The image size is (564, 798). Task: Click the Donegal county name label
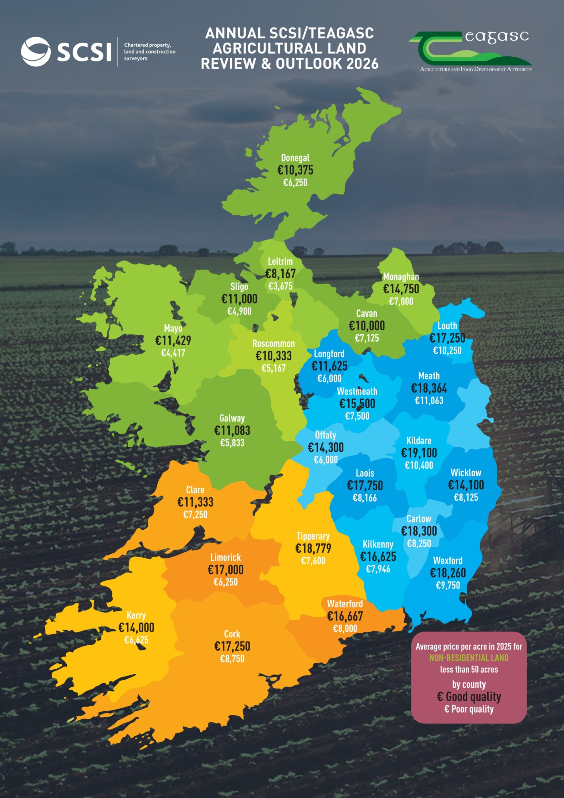295,158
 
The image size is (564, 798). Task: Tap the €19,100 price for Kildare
419,453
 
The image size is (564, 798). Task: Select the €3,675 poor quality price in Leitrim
280,286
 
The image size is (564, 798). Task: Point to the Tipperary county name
313,536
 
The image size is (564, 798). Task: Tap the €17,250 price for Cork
232,647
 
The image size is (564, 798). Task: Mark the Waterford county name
345,604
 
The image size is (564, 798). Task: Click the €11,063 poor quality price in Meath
429,401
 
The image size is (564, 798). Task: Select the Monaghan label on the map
401,277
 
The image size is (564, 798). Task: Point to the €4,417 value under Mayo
173,353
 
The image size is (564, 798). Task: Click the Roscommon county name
273,344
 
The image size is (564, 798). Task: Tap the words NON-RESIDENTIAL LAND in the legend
468,658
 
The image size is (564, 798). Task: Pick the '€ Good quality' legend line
469,697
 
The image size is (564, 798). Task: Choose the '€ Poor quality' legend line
469,709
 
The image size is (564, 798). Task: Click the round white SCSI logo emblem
36,51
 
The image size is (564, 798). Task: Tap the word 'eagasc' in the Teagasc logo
497,37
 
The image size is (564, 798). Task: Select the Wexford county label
447,560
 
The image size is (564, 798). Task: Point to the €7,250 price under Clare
195,515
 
